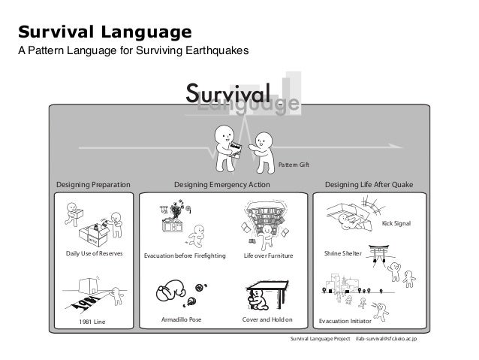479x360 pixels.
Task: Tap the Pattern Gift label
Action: [x=294, y=164]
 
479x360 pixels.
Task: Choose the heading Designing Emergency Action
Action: [x=221, y=184]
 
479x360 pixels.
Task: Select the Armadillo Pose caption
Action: [x=182, y=320]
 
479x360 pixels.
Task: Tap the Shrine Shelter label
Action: [x=343, y=255]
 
